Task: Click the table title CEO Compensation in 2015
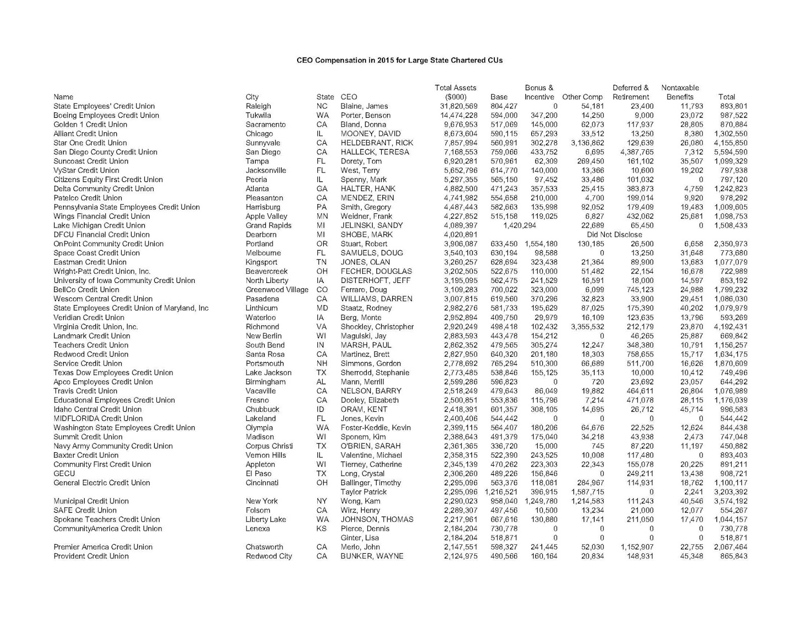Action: click(399, 60)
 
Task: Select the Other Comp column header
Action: click(582, 97)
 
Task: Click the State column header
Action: click(325, 97)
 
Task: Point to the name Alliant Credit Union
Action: click(85, 134)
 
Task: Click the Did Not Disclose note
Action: click(614, 235)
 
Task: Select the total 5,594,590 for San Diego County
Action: click(730, 152)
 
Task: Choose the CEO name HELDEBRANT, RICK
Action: click(377, 143)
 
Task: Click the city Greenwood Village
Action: click(277, 290)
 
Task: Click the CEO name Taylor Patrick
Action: click(363, 492)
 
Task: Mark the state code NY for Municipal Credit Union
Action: click(321, 501)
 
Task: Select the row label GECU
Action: click(64, 474)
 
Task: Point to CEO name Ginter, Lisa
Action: click(359, 538)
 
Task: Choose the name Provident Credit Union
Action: click(91, 556)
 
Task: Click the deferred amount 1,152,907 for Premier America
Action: click(632, 547)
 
